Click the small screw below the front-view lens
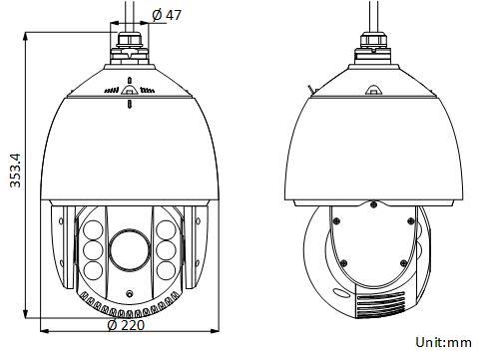click(130, 292)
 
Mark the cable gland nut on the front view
click(129, 43)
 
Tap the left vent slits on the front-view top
click(112, 91)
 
